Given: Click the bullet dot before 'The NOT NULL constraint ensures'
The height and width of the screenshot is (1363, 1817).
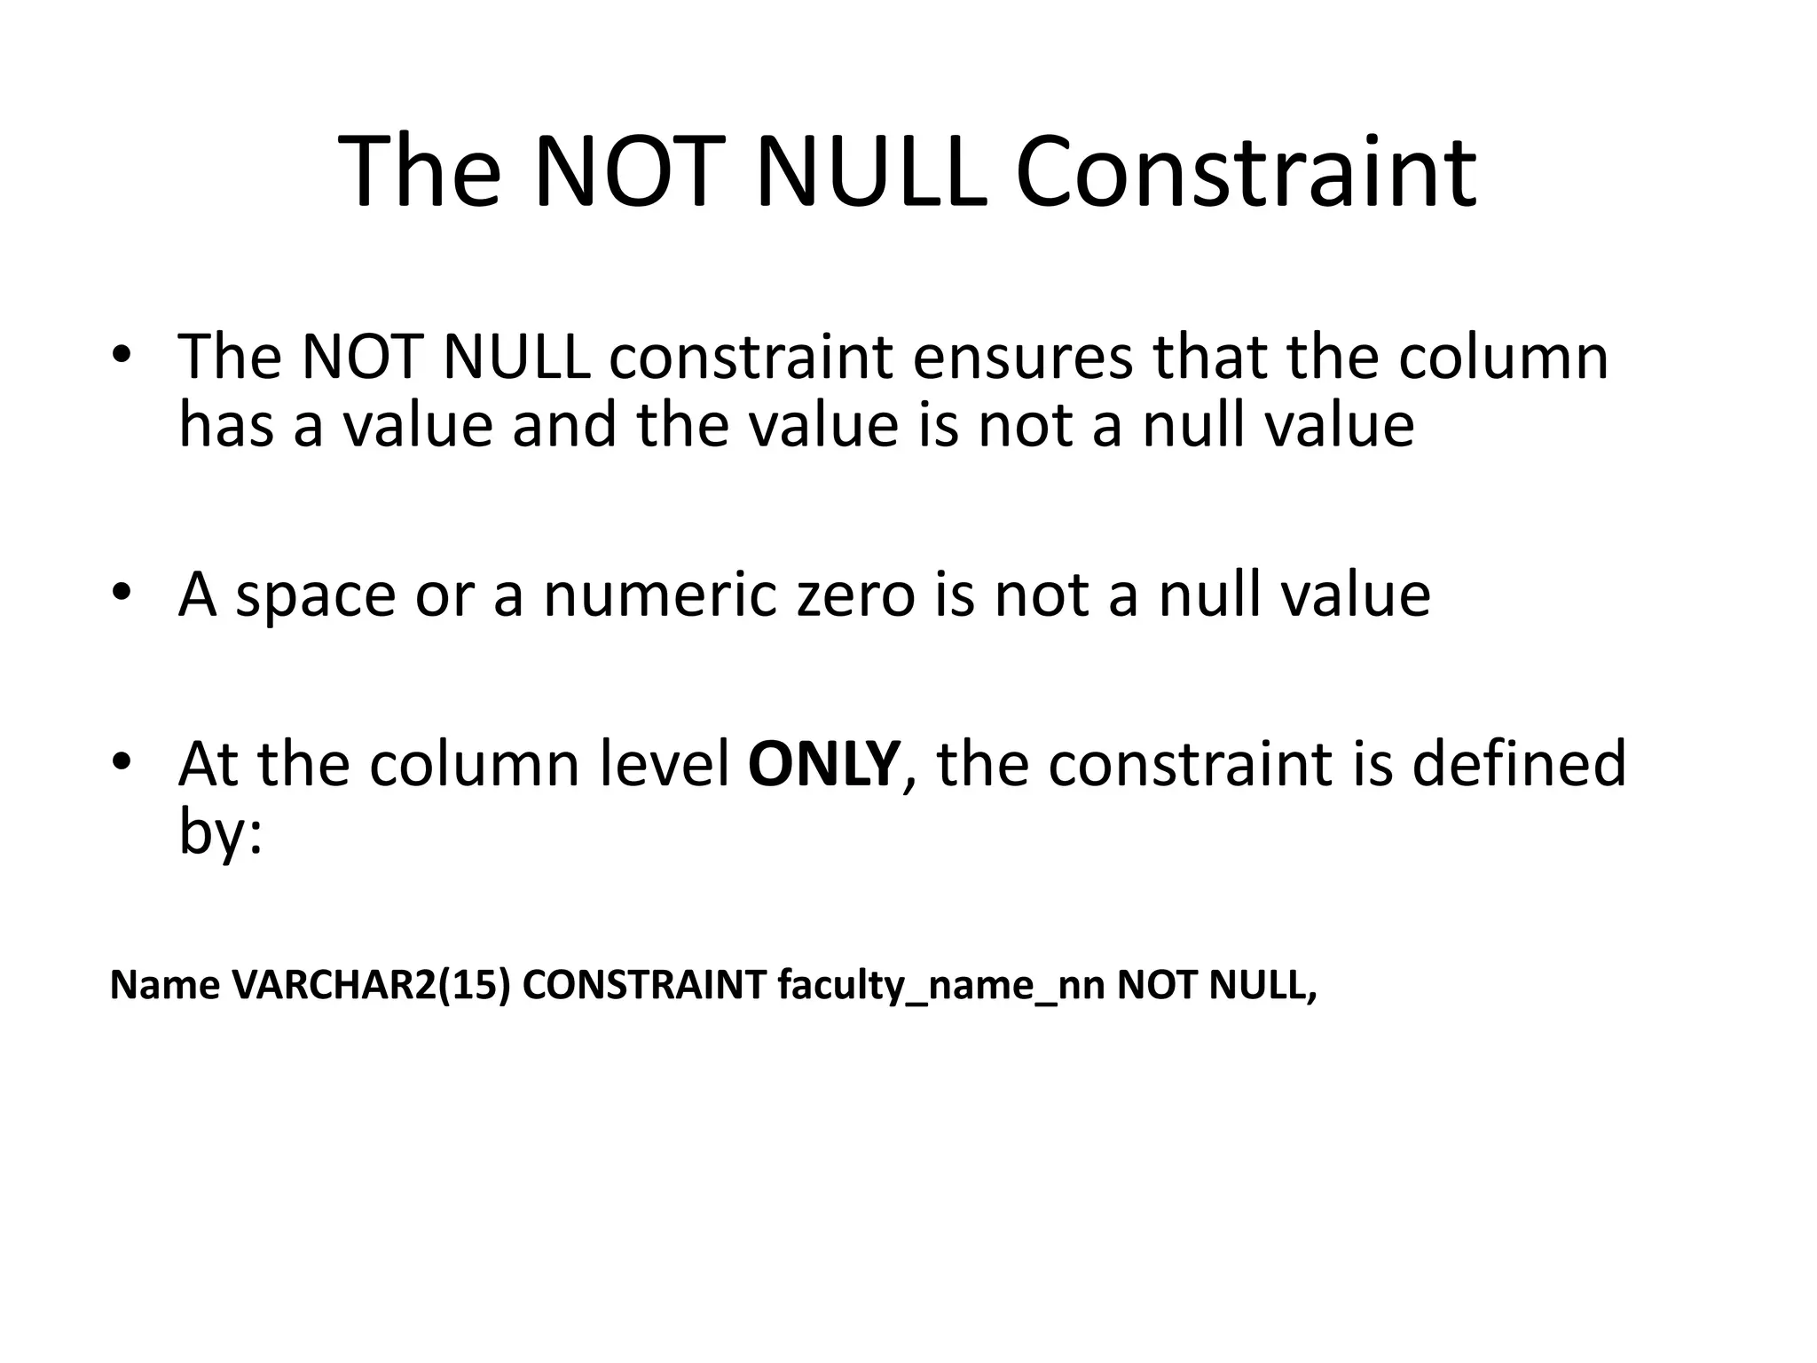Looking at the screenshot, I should click(122, 355).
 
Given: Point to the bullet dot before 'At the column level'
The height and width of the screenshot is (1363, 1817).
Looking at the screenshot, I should click(122, 761).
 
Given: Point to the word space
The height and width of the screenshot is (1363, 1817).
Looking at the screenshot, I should click(315, 596).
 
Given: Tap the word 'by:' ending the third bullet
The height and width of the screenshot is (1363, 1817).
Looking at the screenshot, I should click(221, 834).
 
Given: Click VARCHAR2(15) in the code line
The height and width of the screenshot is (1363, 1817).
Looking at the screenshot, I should click(371, 985).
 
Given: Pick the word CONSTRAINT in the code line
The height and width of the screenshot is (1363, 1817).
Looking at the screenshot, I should click(644, 985).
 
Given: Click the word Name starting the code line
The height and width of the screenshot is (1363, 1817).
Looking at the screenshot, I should click(164, 985).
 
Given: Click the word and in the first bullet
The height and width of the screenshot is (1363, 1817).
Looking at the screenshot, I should click(564, 424).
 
